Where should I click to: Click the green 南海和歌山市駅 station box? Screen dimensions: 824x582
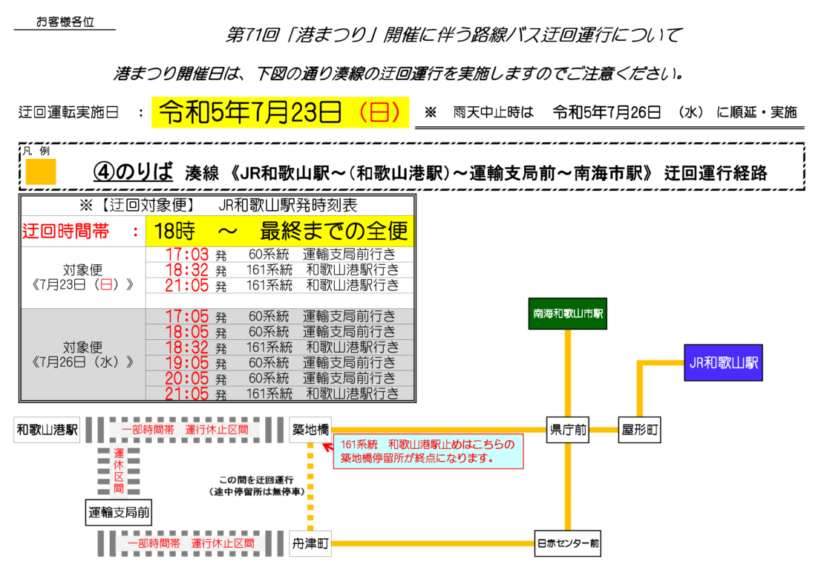pos(568,314)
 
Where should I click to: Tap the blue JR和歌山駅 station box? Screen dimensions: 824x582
pos(723,363)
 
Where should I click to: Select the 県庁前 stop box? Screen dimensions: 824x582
pos(568,430)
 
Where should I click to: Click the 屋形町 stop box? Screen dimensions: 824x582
pos(640,430)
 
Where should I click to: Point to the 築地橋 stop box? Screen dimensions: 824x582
pos(310,430)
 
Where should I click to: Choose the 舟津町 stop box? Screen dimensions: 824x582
pos(310,543)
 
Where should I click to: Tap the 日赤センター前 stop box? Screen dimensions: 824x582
pos(568,543)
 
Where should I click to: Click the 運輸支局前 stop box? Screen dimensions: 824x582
pos(119,513)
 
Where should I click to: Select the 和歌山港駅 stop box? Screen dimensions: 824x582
pos(47,430)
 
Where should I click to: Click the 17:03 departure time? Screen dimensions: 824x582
pos(186,255)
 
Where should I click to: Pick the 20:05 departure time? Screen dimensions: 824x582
pos(186,379)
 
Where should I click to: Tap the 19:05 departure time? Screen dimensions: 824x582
pos(186,363)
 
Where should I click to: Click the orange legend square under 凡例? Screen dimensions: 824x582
pos(41,172)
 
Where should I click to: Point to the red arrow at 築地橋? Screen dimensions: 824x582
pos(328,447)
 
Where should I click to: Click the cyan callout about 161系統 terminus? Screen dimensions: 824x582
pos(428,451)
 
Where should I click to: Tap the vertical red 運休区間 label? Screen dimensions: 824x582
pos(119,471)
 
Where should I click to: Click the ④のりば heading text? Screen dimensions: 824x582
pos(133,171)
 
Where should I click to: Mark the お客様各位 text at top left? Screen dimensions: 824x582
pos(65,22)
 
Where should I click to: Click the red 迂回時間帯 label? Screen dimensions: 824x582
pos(65,231)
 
